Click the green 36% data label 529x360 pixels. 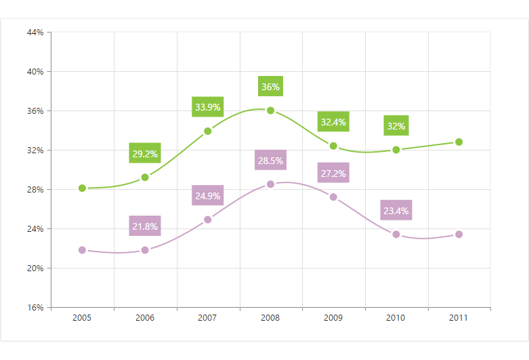(270, 87)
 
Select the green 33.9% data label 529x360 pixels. (207, 107)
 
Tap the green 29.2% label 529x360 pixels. (145, 154)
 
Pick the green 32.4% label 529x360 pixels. (333, 122)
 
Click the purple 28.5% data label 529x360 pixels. (270, 161)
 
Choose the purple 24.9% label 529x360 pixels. (207, 197)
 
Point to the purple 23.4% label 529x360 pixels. (396, 211)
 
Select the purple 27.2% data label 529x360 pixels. (333, 174)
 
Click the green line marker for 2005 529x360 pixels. (82, 188)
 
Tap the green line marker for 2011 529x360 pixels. (459, 142)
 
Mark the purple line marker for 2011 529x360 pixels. (459, 235)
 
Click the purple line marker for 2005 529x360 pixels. (82, 250)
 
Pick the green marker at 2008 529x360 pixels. (270, 111)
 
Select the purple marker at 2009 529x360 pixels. (333, 197)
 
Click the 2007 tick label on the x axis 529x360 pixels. (207, 317)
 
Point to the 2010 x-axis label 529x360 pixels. (396, 317)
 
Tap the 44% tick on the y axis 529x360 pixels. (35, 32)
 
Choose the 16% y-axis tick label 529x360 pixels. (35, 307)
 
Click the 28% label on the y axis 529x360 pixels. (35, 189)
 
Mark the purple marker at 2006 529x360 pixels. (145, 250)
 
